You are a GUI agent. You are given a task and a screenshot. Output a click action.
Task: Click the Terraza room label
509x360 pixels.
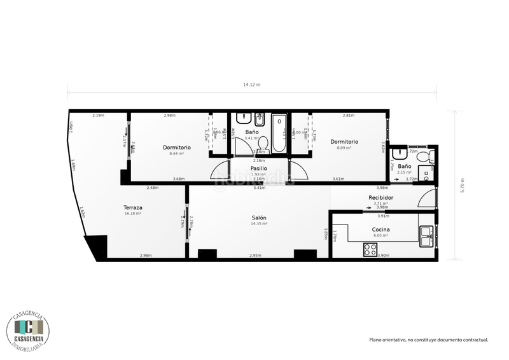(x=133, y=207)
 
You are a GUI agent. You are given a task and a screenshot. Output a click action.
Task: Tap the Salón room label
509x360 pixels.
(x=259, y=218)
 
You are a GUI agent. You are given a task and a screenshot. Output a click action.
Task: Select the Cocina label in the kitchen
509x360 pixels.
(x=380, y=229)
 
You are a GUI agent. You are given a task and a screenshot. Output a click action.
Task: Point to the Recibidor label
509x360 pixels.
(x=380, y=198)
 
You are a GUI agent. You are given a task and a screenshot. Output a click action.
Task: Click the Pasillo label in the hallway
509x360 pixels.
(x=258, y=169)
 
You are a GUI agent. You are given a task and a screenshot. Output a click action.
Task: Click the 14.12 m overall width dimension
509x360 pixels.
(x=252, y=85)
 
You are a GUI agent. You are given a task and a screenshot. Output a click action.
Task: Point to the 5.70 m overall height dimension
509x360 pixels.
(x=463, y=185)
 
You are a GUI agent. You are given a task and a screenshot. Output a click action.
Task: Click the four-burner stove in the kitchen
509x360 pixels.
(x=370, y=250)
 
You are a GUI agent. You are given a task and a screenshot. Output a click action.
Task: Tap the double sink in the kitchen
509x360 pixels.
(x=426, y=236)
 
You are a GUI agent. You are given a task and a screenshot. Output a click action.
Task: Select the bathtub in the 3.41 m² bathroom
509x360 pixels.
(x=279, y=134)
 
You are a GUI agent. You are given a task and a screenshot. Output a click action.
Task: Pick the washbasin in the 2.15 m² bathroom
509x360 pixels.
(x=399, y=153)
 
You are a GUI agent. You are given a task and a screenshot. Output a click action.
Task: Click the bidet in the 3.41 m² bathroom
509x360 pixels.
(x=260, y=120)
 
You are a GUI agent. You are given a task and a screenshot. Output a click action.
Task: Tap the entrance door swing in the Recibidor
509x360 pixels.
(x=427, y=198)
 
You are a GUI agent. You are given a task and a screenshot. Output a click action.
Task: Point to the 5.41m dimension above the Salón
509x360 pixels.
(x=259, y=188)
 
